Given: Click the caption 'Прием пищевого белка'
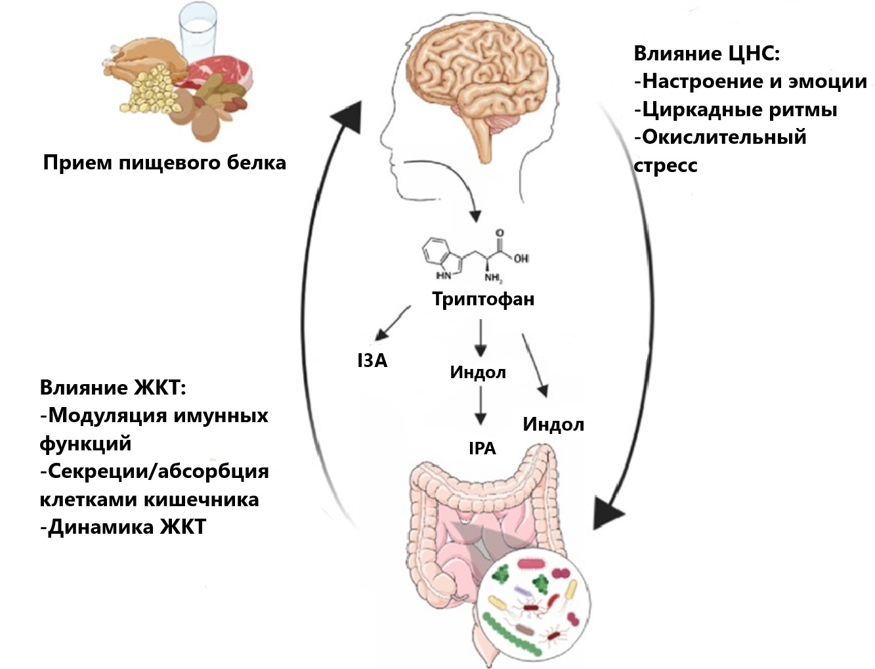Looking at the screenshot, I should coord(164,162).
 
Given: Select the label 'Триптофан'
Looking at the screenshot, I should coord(483,299).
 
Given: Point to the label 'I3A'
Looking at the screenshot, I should coord(372,360).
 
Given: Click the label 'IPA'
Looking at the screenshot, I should coord(482,448).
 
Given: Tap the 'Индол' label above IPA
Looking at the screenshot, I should coord(478,372).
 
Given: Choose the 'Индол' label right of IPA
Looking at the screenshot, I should coord(553,424).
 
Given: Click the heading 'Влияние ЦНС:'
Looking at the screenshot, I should coord(706,53).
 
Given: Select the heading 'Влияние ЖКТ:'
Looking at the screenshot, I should coord(113,387).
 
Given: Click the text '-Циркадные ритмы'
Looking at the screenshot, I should coord(735,109).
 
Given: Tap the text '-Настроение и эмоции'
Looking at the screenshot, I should coord(750,81).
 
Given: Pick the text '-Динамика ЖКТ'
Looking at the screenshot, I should coord(123,527).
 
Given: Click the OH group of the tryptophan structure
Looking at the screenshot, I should coord(521,258).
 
